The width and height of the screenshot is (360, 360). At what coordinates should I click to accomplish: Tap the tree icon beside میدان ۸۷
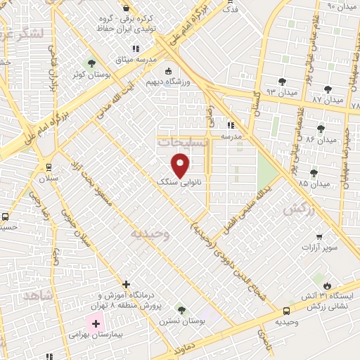(x=328, y=89)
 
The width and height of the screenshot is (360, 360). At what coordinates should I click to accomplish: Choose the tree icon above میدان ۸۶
(x=321, y=128)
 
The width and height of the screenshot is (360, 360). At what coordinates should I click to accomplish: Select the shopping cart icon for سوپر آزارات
(x=320, y=236)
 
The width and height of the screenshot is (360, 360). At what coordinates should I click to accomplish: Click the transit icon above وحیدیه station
(x=286, y=310)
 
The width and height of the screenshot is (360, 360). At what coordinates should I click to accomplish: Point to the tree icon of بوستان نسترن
(x=181, y=309)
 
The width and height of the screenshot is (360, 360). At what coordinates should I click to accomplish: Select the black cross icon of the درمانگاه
(x=126, y=284)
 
